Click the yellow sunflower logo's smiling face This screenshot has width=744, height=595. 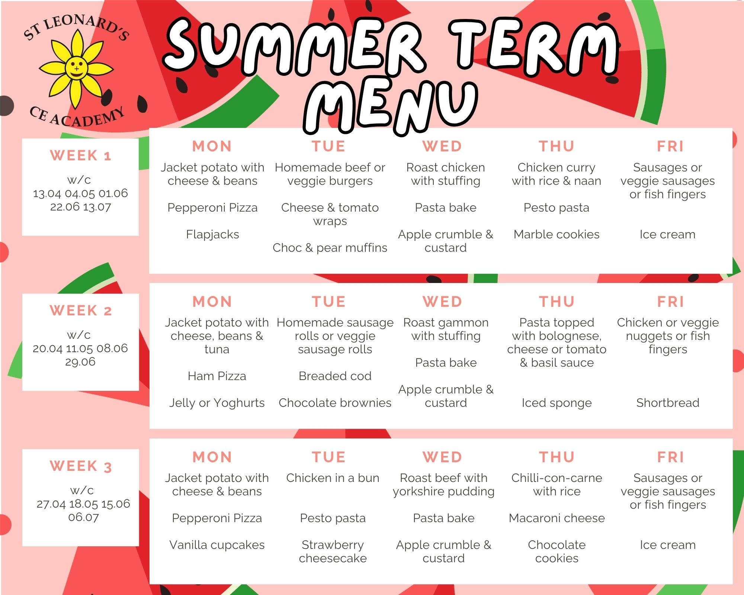[x=76, y=69]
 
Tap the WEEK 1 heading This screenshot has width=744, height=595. [x=81, y=155]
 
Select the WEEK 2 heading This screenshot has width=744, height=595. [x=81, y=311]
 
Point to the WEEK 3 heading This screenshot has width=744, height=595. [x=81, y=466]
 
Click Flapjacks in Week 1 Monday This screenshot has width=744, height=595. [x=212, y=234]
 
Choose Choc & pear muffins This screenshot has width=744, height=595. [x=330, y=248]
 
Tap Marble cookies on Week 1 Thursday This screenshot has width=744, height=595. [x=557, y=234]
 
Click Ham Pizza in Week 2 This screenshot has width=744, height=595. [x=217, y=376]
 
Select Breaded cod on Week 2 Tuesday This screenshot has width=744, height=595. [x=335, y=376]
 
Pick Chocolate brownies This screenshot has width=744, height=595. [x=335, y=403]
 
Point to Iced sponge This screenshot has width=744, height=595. [x=557, y=403]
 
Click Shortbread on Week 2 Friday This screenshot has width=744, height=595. [x=668, y=403]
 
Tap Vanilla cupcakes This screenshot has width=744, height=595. [x=217, y=545]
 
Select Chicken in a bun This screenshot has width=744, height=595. [x=333, y=478]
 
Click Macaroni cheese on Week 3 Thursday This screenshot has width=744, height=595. [x=557, y=518]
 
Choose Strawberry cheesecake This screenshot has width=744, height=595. [x=333, y=551]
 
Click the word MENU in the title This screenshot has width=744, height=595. [x=391, y=106]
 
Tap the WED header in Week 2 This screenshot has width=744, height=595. [x=442, y=302]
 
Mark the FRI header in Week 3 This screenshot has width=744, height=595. [x=670, y=457]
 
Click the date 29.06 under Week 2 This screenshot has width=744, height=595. [x=80, y=362]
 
